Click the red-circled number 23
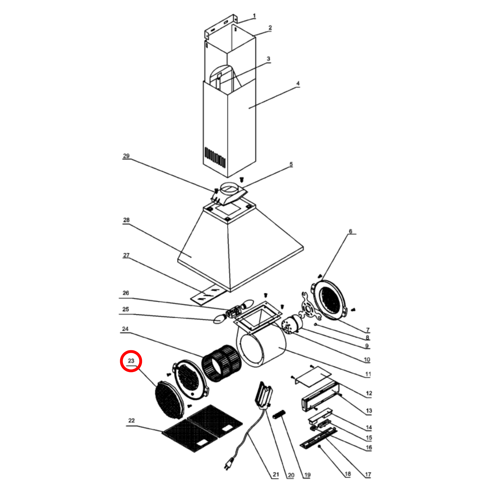pyautogui.click(x=131, y=361)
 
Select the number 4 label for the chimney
pyautogui.click(x=298, y=83)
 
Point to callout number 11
pyautogui.click(x=368, y=374)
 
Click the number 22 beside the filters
pyautogui.click(x=131, y=420)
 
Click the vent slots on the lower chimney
pyautogui.click(x=215, y=157)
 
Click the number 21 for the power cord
pyautogui.click(x=276, y=474)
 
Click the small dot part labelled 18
pyautogui.click(x=319, y=446)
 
